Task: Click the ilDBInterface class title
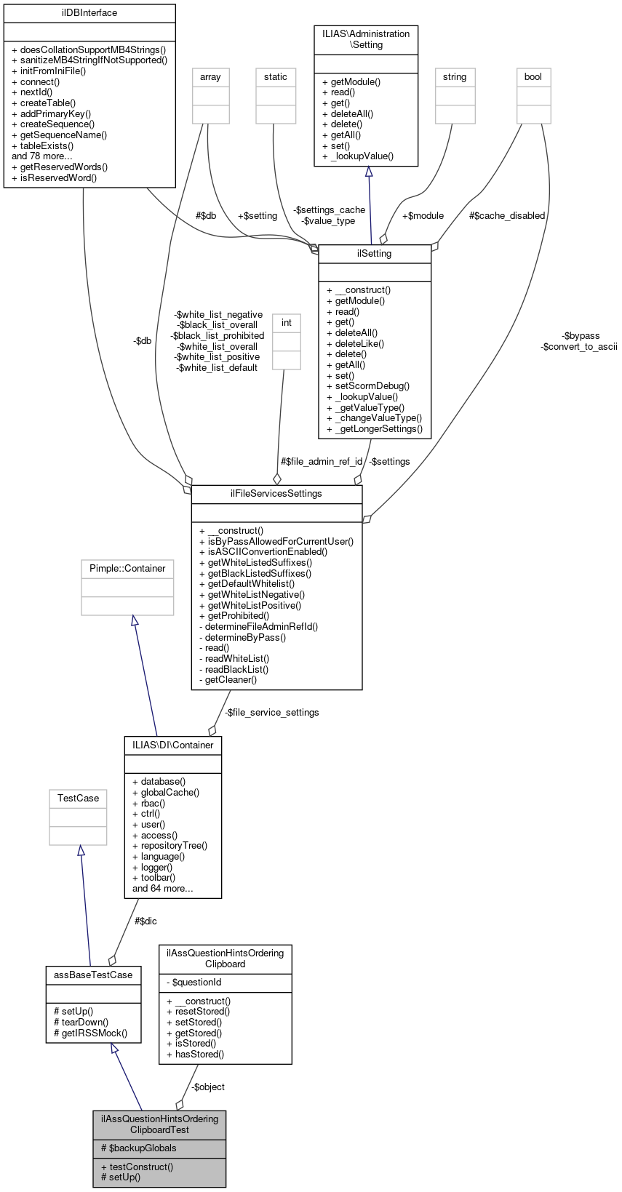pos(89,13)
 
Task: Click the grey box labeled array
pos(210,77)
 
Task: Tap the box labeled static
pos(276,77)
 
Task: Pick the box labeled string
pos(455,77)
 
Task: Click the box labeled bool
pos(533,77)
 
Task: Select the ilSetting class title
pos(375,254)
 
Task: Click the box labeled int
pos(287,323)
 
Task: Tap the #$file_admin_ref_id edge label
pos(322,462)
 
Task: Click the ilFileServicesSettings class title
pos(276,494)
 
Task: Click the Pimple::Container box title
pos(127,569)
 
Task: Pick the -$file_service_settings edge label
pos(271,713)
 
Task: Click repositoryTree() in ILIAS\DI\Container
pos(174,846)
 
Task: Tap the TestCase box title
pos(78,799)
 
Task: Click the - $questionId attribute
pos(194,983)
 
